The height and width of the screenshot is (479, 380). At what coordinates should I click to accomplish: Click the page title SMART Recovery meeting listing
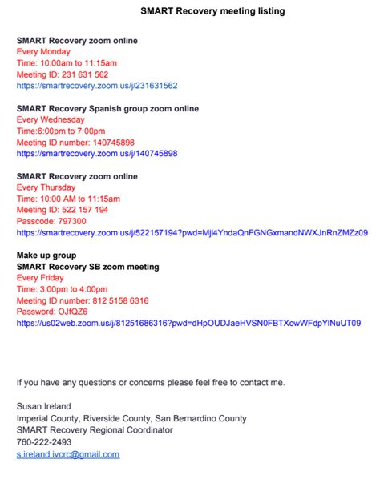click(x=212, y=11)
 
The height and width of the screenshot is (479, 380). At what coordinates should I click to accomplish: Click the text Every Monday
click(x=43, y=51)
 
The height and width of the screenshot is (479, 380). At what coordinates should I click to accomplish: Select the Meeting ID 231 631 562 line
click(x=63, y=74)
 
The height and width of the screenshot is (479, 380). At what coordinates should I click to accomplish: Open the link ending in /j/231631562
click(x=97, y=85)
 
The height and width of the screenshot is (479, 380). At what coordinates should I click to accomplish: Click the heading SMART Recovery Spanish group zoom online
click(x=107, y=108)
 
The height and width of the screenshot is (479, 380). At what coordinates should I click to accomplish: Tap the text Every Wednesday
click(x=51, y=119)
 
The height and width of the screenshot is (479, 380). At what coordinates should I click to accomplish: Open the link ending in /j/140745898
click(x=97, y=153)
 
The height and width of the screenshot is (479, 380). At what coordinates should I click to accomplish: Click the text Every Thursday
click(x=46, y=187)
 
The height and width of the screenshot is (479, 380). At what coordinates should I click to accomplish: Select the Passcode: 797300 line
click(x=51, y=221)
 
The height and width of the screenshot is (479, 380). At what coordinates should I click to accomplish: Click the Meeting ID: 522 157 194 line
click(x=63, y=210)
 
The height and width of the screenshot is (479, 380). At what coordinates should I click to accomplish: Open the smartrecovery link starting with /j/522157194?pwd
click(x=192, y=232)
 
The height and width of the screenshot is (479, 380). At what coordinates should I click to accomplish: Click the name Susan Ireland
click(x=45, y=407)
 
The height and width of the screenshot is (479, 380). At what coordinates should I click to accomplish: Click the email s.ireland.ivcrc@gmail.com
click(x=68, y=454)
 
